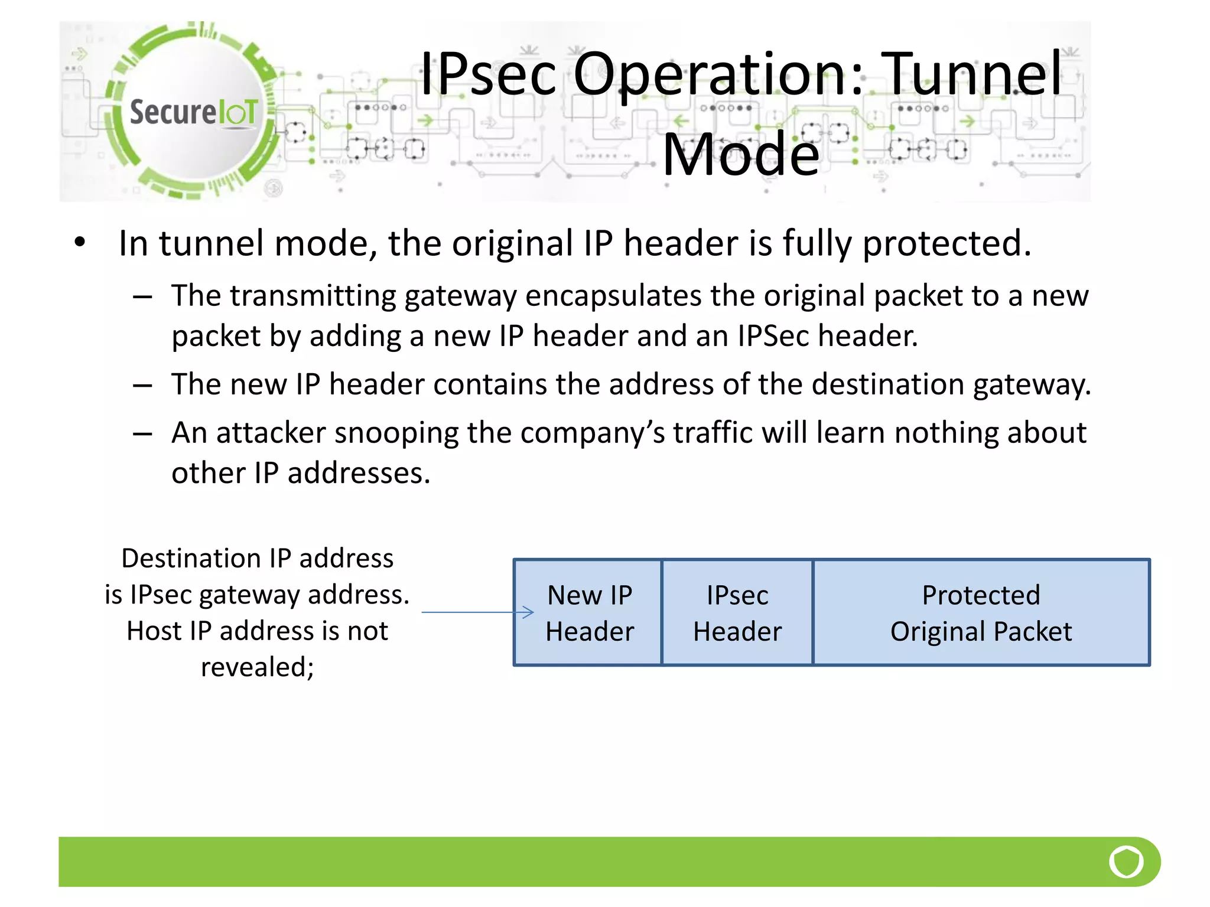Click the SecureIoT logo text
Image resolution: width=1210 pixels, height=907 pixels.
pos(193,112)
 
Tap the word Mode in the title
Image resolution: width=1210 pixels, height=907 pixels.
pos(740,155)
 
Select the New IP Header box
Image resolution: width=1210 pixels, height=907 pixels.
pos(588,612)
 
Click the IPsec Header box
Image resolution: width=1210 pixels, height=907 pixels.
pos(737,612)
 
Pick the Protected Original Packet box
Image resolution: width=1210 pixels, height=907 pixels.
pos(981,612)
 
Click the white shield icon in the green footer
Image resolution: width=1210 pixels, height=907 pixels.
pos(1126,862)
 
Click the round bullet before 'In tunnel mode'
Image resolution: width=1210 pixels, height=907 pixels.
pos(80,242)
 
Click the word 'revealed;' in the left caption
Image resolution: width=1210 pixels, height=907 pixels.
pos(257,667)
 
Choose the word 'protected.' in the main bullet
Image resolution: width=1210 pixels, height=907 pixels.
pos(946,243)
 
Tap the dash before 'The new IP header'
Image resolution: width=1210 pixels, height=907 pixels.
pos(142,386)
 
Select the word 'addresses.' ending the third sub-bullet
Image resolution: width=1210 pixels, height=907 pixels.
pos(359,473)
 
